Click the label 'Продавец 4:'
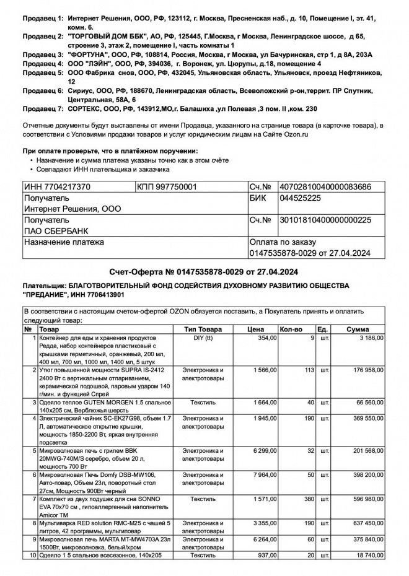[x=43, y=63]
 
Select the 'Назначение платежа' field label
[x=64, y=242]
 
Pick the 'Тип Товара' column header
[x=203, y=329]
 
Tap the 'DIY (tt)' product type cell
[x=203, y=338]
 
